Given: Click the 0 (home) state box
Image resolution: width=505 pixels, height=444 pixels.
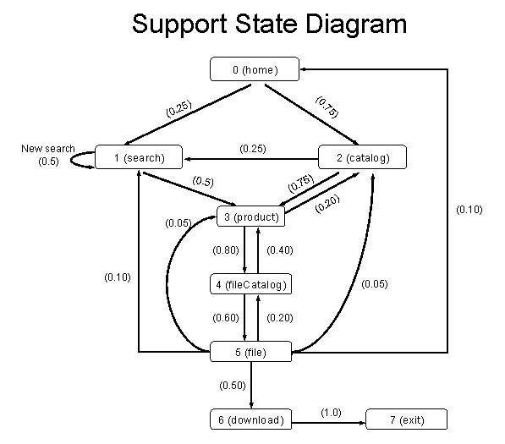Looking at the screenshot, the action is (255, 69).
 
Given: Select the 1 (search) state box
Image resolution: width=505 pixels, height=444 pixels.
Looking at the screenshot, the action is (139, 156).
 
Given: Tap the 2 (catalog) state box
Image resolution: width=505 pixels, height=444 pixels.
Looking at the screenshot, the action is (362, 156).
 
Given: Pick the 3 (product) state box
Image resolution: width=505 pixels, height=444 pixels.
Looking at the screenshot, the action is (251, 217).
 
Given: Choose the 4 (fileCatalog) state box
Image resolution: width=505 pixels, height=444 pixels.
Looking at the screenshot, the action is (251, 284).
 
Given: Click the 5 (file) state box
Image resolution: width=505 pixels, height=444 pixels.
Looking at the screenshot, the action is (251, 352).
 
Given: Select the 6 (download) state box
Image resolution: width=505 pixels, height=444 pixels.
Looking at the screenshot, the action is (251, 419).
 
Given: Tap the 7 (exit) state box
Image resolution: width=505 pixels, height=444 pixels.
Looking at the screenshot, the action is (407, 419).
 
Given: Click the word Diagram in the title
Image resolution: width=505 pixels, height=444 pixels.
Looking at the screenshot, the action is (356, 25).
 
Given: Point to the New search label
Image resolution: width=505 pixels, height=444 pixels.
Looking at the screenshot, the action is (48, 149).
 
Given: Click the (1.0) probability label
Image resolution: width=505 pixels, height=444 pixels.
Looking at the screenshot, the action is (331, 413).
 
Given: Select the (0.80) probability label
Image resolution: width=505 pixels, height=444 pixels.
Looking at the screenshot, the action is (226, 250).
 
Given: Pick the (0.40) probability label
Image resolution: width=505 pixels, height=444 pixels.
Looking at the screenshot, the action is (280, 250).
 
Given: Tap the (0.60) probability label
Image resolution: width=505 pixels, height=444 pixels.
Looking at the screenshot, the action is (226, 318).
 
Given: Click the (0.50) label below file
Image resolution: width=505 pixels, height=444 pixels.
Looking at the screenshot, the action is (233, 386).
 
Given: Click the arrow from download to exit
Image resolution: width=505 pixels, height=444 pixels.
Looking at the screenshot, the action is (329, 423).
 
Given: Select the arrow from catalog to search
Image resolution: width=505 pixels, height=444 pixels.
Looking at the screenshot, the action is (250, 159).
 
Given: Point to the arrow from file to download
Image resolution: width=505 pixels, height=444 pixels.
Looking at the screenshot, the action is (251, 385).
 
